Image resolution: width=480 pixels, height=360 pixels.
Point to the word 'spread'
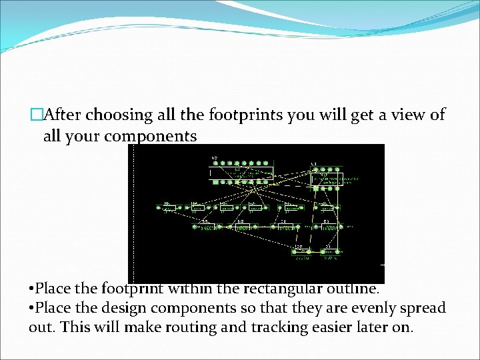tap(422, 308)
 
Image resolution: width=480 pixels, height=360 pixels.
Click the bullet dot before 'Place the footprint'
tap(31, 289)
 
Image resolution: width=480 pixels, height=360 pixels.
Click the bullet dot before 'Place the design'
tap(31, 309)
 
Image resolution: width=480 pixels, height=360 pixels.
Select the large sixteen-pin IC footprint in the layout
tap(241, 171)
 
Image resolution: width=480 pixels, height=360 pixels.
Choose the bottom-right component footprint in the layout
tap(329, 251)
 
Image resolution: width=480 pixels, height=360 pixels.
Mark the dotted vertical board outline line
tap(136, 213)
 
